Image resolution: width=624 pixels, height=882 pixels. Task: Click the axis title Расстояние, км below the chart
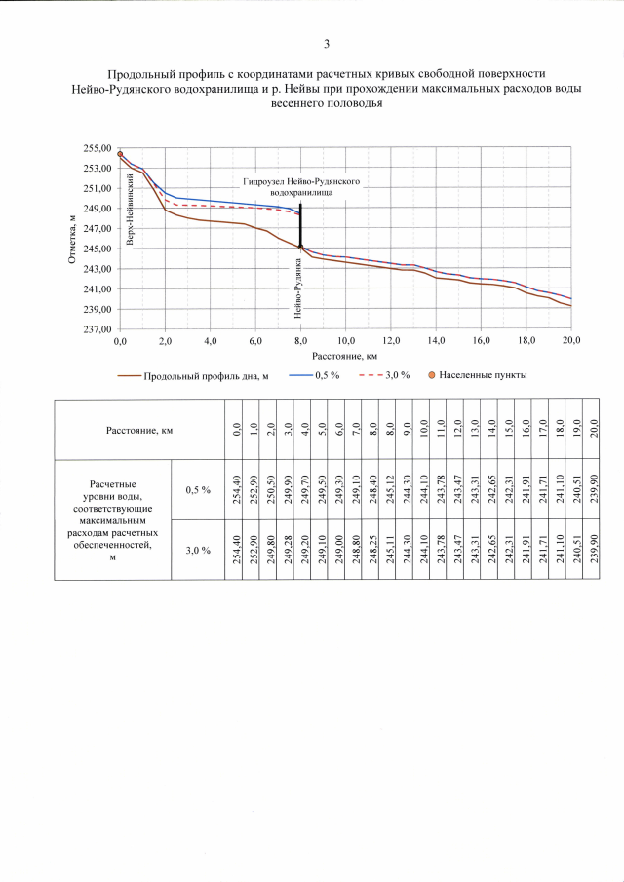coord(345,357)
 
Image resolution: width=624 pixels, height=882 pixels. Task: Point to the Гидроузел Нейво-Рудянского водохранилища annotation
coord(302,188)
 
